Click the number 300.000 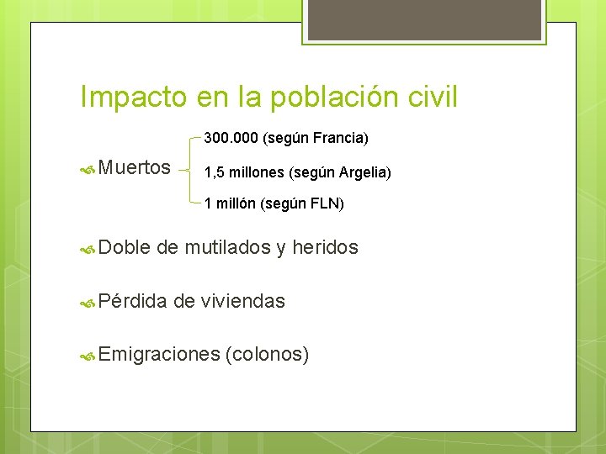tap(231, 137)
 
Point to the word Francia tap(341, 137)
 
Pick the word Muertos tap(135, 168)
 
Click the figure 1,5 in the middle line tap(213, 172)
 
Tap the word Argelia tap(364, 172)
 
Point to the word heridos tap(326, 247)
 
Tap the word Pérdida tap(133, 301)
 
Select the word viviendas tap(243, 301)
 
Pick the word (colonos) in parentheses tap(268, 355)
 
